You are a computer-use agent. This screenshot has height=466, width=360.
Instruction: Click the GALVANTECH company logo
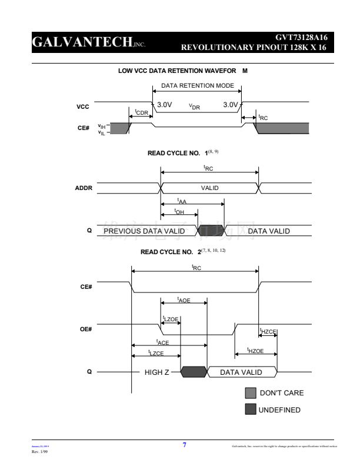click(x=88, y=43)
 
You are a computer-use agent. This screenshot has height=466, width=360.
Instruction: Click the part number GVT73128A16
click(x=301, y=38)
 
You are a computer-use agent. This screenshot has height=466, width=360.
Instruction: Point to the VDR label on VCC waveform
click(x=194, y=106)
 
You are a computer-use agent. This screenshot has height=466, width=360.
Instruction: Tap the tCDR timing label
click(x=141, y=112)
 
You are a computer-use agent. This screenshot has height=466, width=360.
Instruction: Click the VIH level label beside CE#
click(x=102, y=126)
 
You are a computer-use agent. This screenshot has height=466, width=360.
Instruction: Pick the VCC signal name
click(x=83, y=107)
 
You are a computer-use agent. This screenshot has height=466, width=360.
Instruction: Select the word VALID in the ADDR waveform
click(x=210, y=188)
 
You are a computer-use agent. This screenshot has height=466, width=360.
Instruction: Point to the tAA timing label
click(x=182, y=201)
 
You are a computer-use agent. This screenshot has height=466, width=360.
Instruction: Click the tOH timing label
click(x=179, y=212)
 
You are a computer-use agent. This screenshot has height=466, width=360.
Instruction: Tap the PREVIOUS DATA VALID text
click(x=144, y=231)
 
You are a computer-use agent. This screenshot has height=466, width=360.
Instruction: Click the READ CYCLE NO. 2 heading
click(x=170, y=252)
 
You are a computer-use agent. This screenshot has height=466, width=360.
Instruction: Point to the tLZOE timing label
click(x=171, y=319)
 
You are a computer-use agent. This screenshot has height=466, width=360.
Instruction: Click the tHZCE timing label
click(x=268, y=331)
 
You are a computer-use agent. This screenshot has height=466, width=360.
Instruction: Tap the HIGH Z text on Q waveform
click(x=157, y=372)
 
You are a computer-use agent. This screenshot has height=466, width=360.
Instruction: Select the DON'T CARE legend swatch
click(x=251, y=392)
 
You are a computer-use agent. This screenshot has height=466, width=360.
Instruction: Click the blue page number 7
click(x=184, y=445)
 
